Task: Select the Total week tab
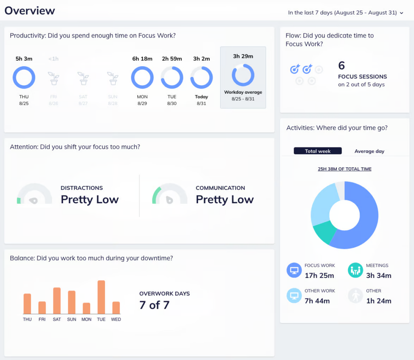(318, 151)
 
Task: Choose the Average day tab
(369, 151)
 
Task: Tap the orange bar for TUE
(101, 297)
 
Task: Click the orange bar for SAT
(57, 301)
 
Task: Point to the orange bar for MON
(86, 308)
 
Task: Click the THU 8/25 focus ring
(24, 78)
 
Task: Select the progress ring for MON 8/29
(142, 78)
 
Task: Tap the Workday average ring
(243, 75)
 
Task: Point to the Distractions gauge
(34, 195)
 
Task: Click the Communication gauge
(169, 195)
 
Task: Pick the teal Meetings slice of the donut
(324, 233)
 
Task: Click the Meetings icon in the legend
(356, 271)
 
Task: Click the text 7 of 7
(154, 305)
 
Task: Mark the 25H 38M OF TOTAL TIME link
(344, 169)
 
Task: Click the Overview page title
(30, 11)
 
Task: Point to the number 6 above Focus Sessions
(342, 65)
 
